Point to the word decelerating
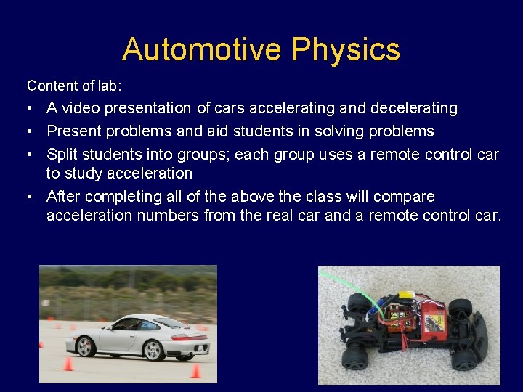pyautogui.click(x=413, y=108)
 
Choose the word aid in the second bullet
pyautogui.click(x=218, y=131)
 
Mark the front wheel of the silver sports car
pyautogui.click(x=86, y=347)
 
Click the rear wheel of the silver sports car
pyautogui.click(x=153, y=349)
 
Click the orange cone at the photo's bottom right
pyautogui.click(x=195, y=371)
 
